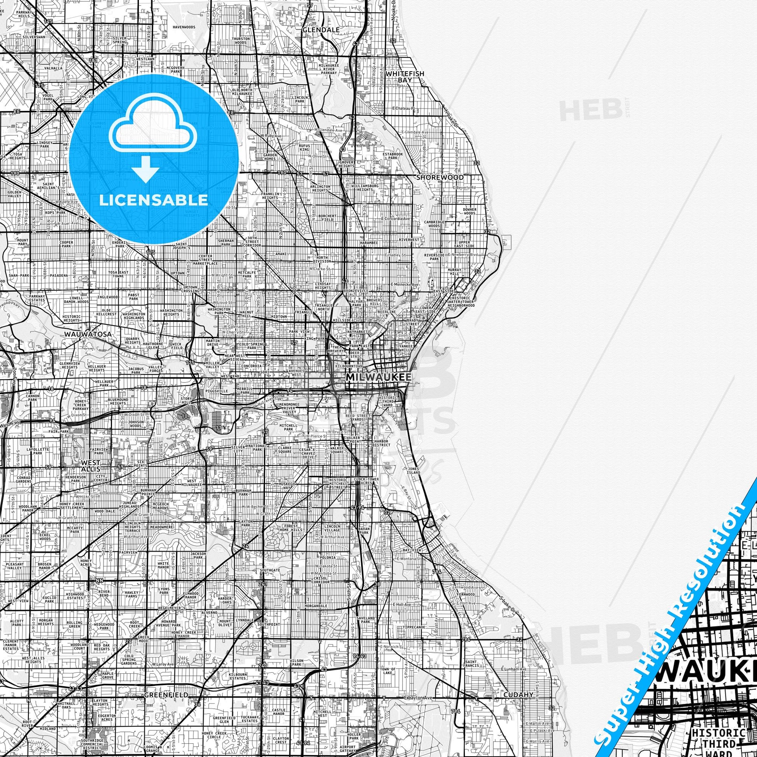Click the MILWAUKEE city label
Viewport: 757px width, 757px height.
[378, 377]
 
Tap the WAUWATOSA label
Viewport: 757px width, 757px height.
[88, 334]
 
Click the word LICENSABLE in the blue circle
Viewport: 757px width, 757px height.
[153, 200]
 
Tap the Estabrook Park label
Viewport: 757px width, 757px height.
[393, 156]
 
